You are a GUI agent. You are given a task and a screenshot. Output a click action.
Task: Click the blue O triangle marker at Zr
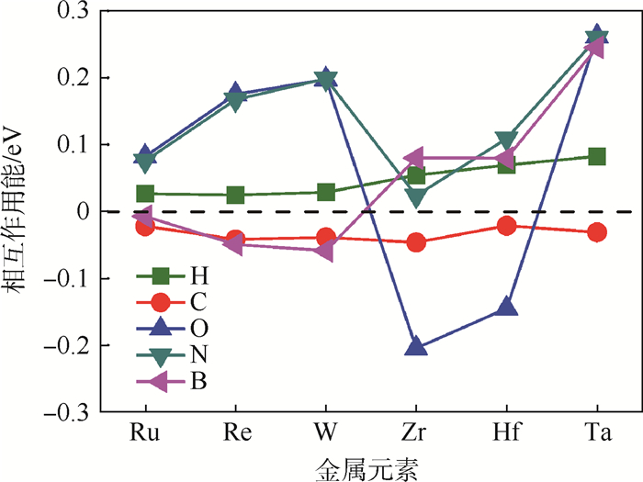point(416,346)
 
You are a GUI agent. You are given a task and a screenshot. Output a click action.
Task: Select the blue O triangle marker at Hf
point(507,307)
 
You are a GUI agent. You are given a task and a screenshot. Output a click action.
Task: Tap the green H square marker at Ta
point(597,156)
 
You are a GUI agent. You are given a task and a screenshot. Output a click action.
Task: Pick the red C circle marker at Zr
point(416,243)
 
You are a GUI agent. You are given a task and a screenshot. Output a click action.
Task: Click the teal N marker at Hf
point(507,140)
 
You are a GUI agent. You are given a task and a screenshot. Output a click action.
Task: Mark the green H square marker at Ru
point(145,194)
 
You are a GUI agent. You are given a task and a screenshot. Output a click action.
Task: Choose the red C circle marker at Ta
point(597,232)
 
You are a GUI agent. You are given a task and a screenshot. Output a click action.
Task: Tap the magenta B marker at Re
point(235,244)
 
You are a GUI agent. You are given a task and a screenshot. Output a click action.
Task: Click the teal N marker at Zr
point(416,197)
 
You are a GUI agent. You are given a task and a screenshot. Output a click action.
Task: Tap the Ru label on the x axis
point(145,433)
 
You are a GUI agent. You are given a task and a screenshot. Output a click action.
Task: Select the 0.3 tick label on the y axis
point(72,12)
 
